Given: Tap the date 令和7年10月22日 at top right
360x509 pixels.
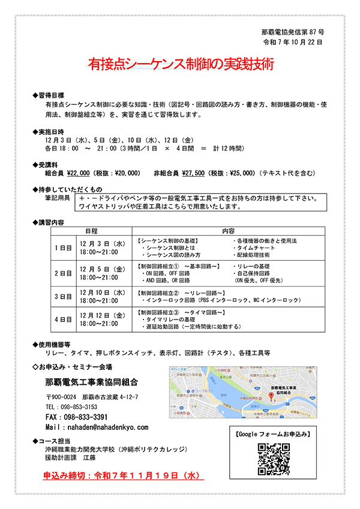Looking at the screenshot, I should (x=293, y=43).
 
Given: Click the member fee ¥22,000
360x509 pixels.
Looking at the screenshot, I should (x=78, y=173).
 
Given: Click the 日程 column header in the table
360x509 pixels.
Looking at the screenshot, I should (x=92, y=230).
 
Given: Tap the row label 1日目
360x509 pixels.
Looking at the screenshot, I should (x=63, y=248).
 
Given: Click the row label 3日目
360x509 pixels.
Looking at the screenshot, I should (x=63, y=296).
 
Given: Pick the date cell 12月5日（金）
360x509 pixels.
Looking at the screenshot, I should (x=102, y=269).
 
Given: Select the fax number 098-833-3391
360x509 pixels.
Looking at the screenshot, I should (x=76, y=417).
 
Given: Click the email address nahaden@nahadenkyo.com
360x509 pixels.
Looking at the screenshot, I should (x=96, y=428).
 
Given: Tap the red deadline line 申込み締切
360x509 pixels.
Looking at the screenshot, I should (x=120, y=476).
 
